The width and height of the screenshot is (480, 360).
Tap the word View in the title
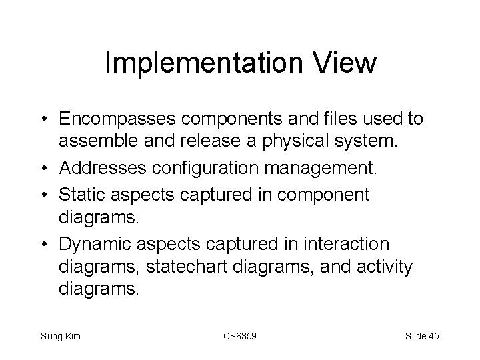[x=347, y=64]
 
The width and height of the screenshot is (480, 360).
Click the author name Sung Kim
[x=61, y=336]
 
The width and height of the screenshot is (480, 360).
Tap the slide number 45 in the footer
[x=433, y=336]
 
